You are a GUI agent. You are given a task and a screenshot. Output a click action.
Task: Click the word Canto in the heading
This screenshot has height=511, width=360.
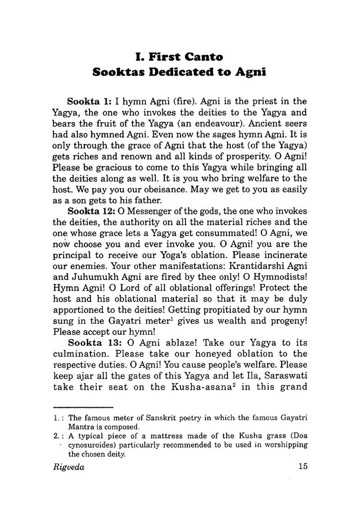(x=199, y=58)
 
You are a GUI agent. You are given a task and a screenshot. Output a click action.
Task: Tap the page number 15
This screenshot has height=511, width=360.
(x=302, y=467)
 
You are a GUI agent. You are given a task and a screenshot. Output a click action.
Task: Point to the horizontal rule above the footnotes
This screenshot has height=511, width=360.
(x=83, y=408)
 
